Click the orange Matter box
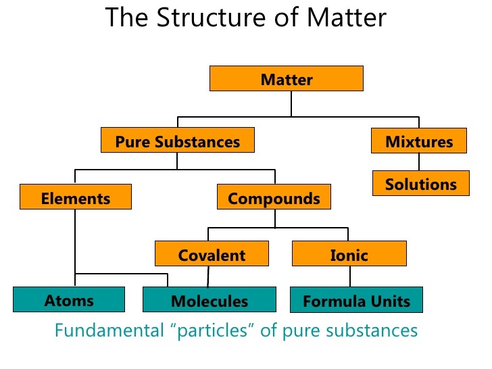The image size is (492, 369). click(x=287, y=79)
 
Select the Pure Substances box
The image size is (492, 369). click(x=177, y=141)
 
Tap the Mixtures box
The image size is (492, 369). click(x=419, y=141)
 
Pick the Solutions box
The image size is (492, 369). click(x=421, y=183)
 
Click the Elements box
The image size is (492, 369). click(x=75, y=198)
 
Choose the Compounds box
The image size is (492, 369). click(x=274, y=198)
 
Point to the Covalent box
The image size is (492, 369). click(x=212, y=254)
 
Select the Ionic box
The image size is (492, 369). click(x=349, y=254)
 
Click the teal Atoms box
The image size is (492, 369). click(x=69, y=299)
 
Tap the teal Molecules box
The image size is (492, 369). click(x=210, y=301)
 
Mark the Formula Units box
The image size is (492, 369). click(x=356, y=301)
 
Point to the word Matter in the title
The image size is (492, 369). click(x=345, y=18)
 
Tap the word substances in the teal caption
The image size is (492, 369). click(x=377, y=331)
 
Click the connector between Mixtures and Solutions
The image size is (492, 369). click(x=419, y=162)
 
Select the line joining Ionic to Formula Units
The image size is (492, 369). click(x=349, y=276)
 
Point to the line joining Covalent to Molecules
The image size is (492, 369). click(x=208, y=276)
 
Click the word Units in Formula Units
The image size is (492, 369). click(x=393, y=301)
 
